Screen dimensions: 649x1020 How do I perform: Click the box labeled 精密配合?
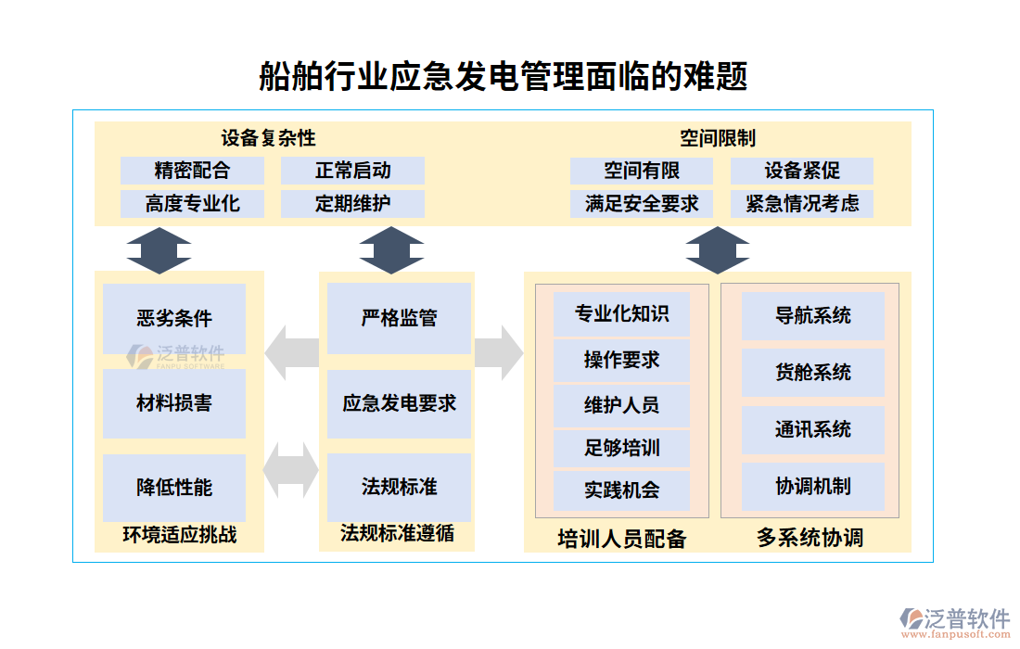(x=192, y=171)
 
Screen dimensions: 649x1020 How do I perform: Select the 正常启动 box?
(x=352, y=171)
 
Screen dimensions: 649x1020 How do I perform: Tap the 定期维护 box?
(x=352, y=204)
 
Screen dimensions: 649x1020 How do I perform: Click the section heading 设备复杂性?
(x=269, y=138)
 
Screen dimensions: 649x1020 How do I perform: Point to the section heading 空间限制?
(x=717, y=138)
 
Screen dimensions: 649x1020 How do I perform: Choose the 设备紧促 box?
(x=802, y=171)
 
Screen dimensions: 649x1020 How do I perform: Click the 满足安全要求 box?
(x=642, y=204)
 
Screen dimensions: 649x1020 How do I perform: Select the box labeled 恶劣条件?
(x=174, y=318)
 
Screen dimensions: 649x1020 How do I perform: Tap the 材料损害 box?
(x=174, y=403)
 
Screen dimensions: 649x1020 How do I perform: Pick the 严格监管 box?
(x=399, y=318)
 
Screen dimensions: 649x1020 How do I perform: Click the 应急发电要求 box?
(x=399, y=403)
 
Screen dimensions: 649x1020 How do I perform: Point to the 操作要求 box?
(x=621, y=360)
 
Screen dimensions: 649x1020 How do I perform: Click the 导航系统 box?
(x=812, y=315)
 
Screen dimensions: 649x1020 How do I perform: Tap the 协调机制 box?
(x=812, y=486)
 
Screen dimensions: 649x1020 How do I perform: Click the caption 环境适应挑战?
(x=179, y=535)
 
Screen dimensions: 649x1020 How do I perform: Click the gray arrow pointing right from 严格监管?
(x=499, y=352)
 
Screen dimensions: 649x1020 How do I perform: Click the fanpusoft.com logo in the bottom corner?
(x=955, y=623)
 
